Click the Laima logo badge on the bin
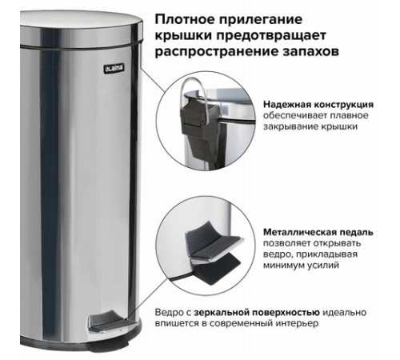tap(114, 69)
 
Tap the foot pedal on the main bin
tap(110, 322)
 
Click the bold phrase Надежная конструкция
tap(318, 105)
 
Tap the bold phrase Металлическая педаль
tap(318, 232)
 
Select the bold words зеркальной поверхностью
tap(257, 312)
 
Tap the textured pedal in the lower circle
tap(214, 242)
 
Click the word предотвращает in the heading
tap(271, 36)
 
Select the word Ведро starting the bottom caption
tap(169, 312)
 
